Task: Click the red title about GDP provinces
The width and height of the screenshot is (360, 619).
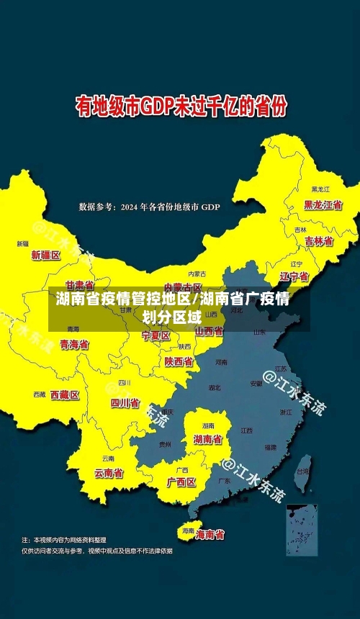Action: pos(181,108)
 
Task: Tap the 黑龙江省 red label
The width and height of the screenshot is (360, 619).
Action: pos(322,204)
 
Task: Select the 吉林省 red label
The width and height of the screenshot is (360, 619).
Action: pos(318,241)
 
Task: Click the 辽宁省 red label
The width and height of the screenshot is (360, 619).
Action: pos(294,276)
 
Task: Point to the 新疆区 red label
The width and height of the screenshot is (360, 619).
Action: pos(46,255)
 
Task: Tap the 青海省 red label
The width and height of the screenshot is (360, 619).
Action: pos(74,345)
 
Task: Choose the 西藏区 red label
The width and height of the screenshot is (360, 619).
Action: pos(65,394)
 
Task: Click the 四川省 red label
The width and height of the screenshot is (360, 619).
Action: pos(125,403)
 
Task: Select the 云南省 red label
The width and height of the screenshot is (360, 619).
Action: pos(109,473)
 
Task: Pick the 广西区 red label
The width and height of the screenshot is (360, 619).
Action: pos(181,482)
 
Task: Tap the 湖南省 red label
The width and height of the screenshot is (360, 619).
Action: pos(207,438)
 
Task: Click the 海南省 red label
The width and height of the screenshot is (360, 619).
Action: pos(210,535)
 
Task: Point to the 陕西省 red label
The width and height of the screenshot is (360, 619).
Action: pos(179,361)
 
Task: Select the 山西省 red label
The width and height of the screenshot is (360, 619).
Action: pos(209,331)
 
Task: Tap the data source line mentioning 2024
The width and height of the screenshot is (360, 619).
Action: pos(149,207)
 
